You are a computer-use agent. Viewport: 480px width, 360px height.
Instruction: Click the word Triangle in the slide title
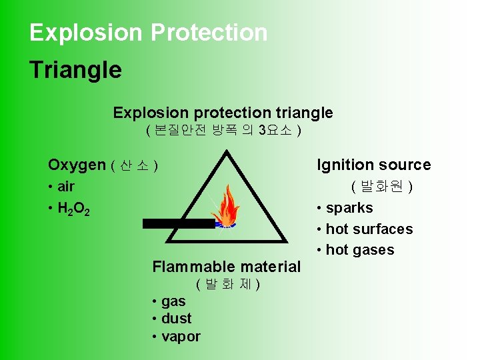click(75, 69)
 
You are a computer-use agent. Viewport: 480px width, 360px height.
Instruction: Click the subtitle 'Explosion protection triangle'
click(223, 113)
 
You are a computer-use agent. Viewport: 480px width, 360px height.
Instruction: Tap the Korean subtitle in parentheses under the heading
click(223, 131)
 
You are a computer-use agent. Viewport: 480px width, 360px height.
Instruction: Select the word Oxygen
click(77, 165)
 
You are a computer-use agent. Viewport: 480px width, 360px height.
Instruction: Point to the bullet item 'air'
click(66, 187)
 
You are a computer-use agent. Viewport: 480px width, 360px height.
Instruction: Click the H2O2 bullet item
click(73, 209)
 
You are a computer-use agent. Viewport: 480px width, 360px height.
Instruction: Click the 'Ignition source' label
click(373, 165)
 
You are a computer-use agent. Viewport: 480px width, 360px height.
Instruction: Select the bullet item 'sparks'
click(349, 208)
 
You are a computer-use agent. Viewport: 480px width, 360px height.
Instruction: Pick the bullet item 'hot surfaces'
click(369, 229)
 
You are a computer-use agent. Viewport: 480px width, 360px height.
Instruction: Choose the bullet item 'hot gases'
click(360, 250)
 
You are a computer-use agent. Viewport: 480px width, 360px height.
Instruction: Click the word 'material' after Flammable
click(265, 267)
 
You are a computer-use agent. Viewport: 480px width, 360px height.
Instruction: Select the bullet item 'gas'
click(173, 301)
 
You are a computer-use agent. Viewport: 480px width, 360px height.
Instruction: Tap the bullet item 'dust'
click(176, 319)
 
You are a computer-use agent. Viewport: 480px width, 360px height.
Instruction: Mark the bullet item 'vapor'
click(180, 337)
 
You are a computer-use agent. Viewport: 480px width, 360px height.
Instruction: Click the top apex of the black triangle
click(227, 153)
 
